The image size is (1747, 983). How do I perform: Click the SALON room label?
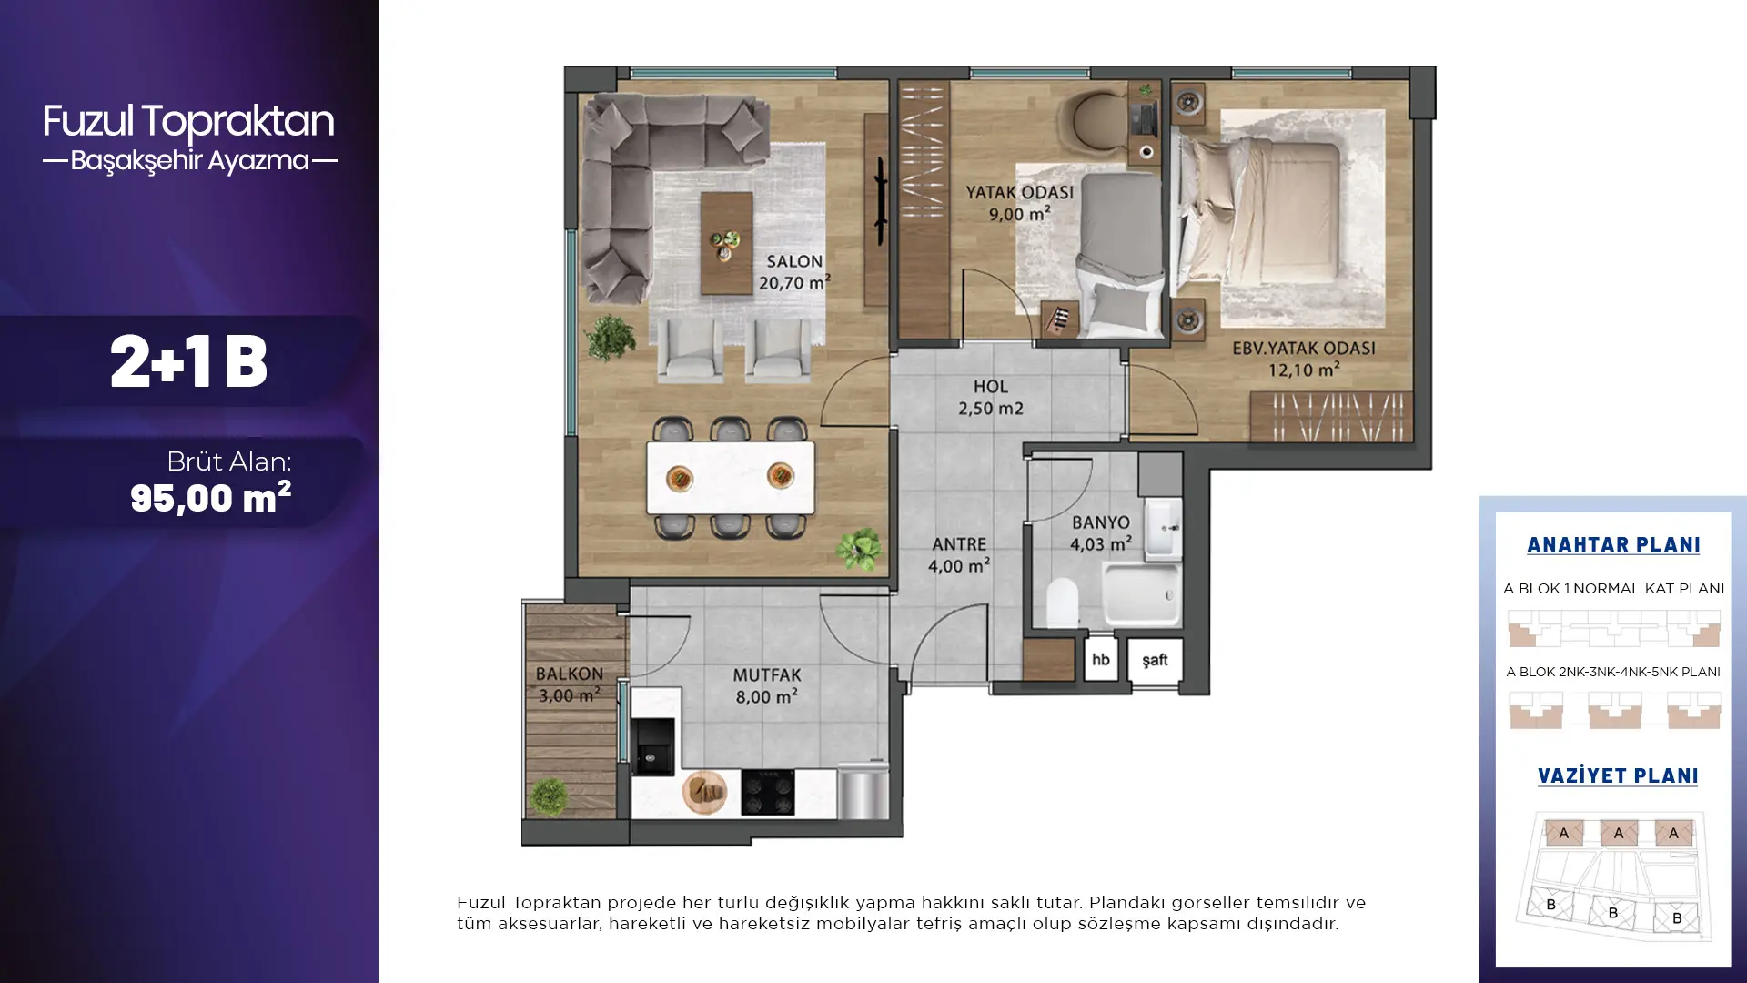(794, 262)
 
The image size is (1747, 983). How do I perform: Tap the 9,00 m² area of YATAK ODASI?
(1020, 214)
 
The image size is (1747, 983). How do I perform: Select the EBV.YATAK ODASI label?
(1304, 348)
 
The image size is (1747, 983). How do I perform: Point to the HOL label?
(991, 387)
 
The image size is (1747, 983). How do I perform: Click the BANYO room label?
(1101, 522)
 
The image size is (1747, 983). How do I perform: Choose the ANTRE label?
(959, 544)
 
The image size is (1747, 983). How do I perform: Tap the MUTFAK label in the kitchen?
(767, 675)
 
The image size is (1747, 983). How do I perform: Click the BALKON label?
(570, 674)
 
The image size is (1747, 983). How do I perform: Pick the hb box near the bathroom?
(1101, 660)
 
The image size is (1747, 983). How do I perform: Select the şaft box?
(1155, 660)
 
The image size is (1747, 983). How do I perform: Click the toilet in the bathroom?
(1062, 603)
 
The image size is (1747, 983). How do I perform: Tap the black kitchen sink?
(653, 746)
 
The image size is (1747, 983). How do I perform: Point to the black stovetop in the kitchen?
(767, 792)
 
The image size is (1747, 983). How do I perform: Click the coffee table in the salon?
(726, 243)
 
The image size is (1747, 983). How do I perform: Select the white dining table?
(731, 478)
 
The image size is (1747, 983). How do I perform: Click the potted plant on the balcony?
(550, 797)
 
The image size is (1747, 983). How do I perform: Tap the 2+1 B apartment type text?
(189, 362)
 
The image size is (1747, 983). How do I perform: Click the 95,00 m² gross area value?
(210, 498)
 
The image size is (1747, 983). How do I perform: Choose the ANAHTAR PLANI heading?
(1613, 545)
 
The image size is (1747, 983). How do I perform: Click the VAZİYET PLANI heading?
(1618, 776)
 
